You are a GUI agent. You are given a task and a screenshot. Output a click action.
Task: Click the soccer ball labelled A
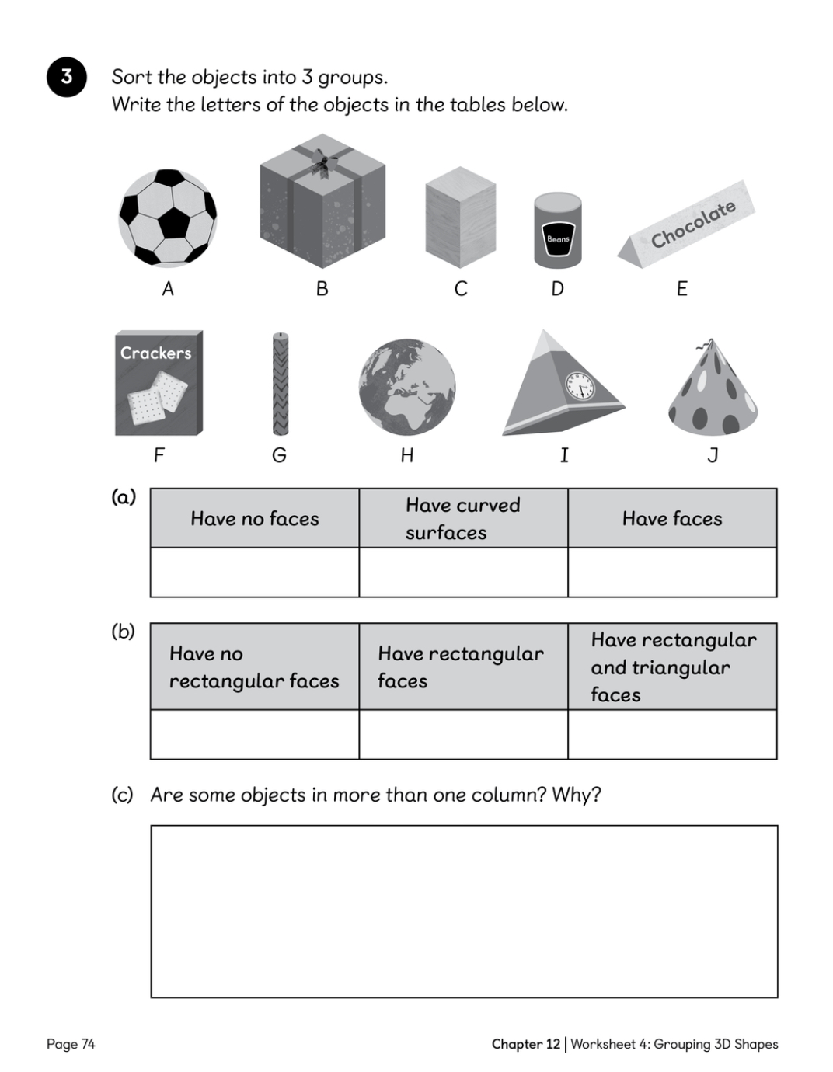pyautogui.click(x=168, y=218)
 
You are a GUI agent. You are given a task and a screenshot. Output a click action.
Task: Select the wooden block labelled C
pyautogui.click(x=461, y=218)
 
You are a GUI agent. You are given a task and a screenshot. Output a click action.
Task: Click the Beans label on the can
pyautogui.click(x=558, y=239)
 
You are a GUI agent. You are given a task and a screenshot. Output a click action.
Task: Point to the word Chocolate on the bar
pyautogui.click(x=693, y=224)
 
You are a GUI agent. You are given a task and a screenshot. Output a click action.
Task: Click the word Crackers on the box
pyautogui.click(x=156, y=353)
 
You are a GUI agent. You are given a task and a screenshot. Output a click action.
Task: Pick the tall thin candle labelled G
pyautogui.click(x=281, y=385)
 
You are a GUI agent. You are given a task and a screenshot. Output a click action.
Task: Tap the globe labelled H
pyautogui.click(x=407, y=387)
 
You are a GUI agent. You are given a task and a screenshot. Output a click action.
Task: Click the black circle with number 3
pyautogui.click(x=67, y=77)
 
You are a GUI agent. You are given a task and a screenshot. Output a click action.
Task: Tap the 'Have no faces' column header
pyautogui.click(x=255, y=518)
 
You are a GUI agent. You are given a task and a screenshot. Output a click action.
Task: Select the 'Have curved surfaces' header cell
pyautogui.click(x=463, y=518)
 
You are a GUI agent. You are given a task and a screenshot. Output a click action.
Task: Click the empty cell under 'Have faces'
pyautogui.click(x=672, y=573)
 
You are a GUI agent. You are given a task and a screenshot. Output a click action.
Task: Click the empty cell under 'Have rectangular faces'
pyautogui.click(x=463, y=735)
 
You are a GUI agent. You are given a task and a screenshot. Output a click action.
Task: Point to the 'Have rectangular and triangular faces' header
pyautogui.click(x=672, y=667)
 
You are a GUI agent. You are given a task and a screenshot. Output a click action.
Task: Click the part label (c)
pyautogui.click(x=122, y=795)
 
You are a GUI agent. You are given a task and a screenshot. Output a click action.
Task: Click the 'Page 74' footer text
pyautogui.click(x=71, y=1044)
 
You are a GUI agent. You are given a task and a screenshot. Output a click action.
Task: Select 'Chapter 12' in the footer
pyautogui.click(x=525, y=1044)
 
